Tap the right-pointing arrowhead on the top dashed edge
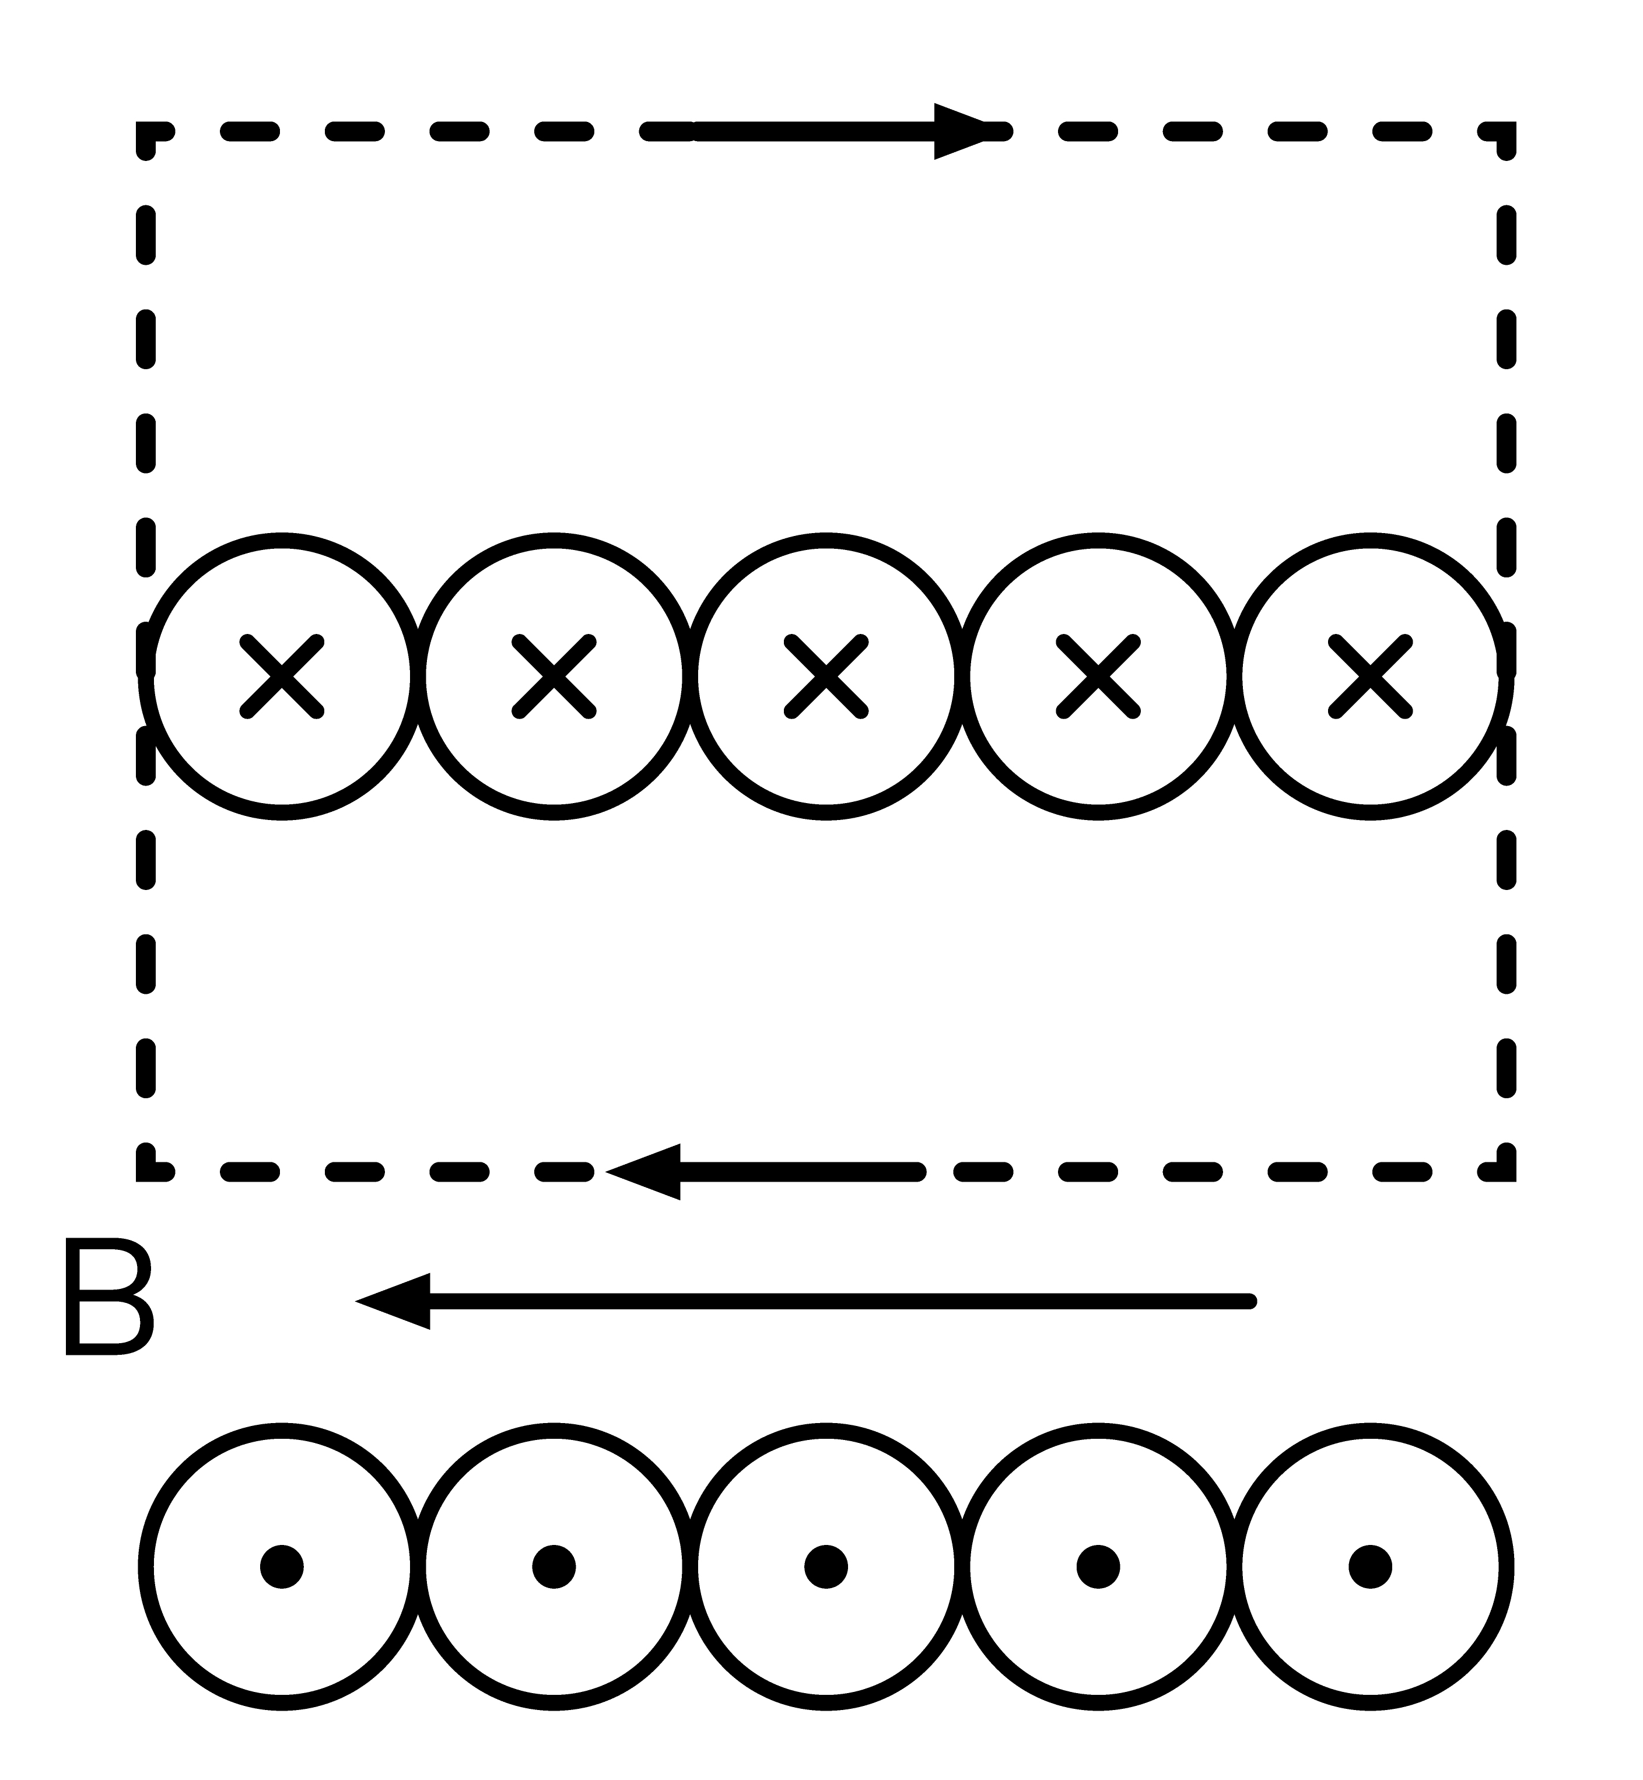(960, 132)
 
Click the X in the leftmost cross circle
(282, 677)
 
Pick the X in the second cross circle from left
(554, 677)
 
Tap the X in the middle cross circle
(826, 677)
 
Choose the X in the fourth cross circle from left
(1098, 677)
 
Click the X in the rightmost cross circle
(1370, 677)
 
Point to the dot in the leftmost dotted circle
(282, 1567)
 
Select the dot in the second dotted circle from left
(554, 1567)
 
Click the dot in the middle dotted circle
(826, 1567)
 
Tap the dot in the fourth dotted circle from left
(1098, 1567)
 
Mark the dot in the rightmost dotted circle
(1370, 1567)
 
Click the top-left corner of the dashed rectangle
(146, 132)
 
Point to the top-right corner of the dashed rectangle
(1506, 132)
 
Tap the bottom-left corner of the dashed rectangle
(146, 1172)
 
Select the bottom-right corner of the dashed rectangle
(1506, 1172)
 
